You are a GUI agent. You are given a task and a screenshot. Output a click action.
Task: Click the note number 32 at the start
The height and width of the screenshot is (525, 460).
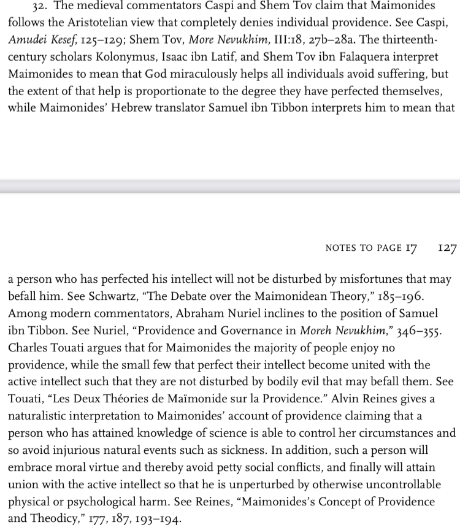coord(30,6)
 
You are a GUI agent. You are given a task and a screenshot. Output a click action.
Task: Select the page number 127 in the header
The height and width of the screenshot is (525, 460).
coord(448,247)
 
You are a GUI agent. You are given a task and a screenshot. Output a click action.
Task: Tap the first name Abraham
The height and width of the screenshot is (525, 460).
coord(201,313)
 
